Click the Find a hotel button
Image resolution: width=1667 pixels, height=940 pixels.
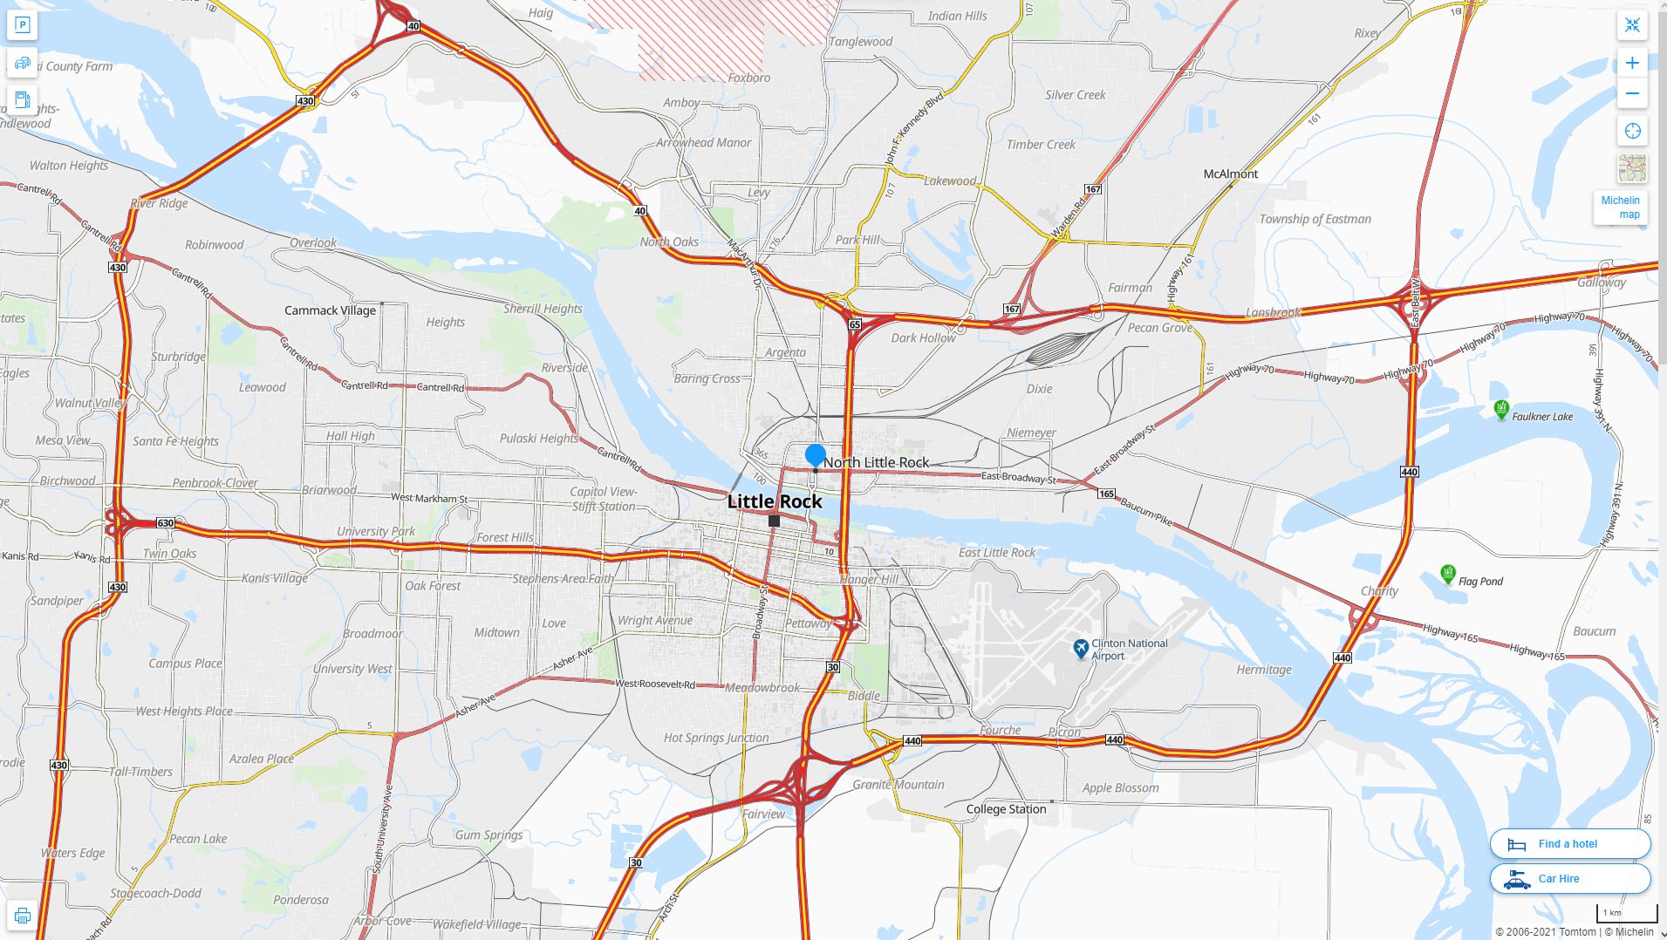(x=1569, y=843)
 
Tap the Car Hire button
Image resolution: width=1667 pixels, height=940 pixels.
(x=1569, y=878)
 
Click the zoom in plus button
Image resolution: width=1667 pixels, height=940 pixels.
(x=1632, y=63)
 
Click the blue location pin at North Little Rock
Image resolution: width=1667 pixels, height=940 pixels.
(x=815, y=455)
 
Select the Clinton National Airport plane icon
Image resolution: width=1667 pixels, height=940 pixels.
(x=1081, y=649)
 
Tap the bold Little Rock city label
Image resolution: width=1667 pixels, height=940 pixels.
(x=775, y=501)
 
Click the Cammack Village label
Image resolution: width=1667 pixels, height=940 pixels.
(x=330, y=310)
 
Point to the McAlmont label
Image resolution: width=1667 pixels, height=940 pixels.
(x=1230, y=174)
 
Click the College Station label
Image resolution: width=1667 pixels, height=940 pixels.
(x=1006, y=809)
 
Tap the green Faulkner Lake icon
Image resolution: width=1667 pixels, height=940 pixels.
(x=1501, y=408)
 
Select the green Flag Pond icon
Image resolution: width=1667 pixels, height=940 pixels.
(x=1448, y=574)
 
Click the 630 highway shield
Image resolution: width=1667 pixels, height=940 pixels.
(x=165, y=523)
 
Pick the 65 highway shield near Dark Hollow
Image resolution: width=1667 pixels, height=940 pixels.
(x=854, y=324)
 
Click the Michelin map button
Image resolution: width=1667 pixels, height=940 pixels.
(x=1621, y=208)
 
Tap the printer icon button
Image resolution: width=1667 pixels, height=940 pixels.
(x=23, y=916)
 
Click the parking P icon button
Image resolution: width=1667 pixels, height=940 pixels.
(x=23, y=24)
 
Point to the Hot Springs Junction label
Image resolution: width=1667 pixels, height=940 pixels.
(x=716, y=738)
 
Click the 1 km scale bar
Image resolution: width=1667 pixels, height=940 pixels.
(x=1627, y=913)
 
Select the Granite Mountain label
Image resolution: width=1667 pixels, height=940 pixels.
(x=898, y=785)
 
